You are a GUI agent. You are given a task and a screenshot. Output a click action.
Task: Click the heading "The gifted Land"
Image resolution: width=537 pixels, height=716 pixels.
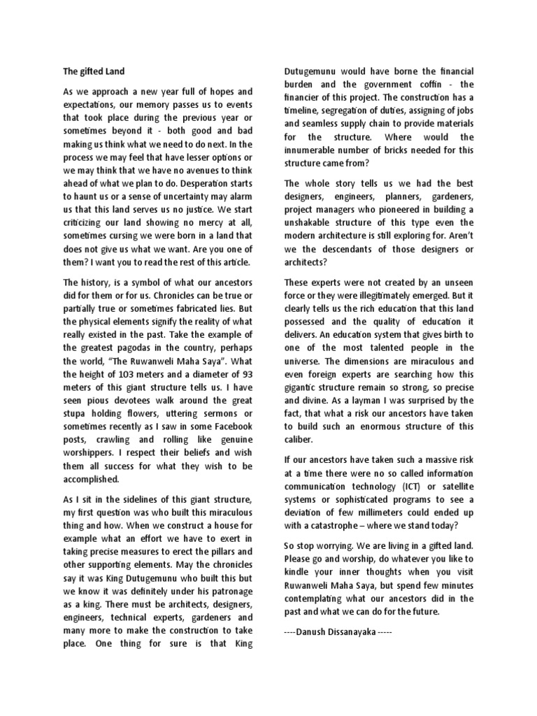pos(93,71)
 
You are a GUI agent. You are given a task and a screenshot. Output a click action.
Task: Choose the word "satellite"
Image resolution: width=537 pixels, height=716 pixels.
pos(452,486)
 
